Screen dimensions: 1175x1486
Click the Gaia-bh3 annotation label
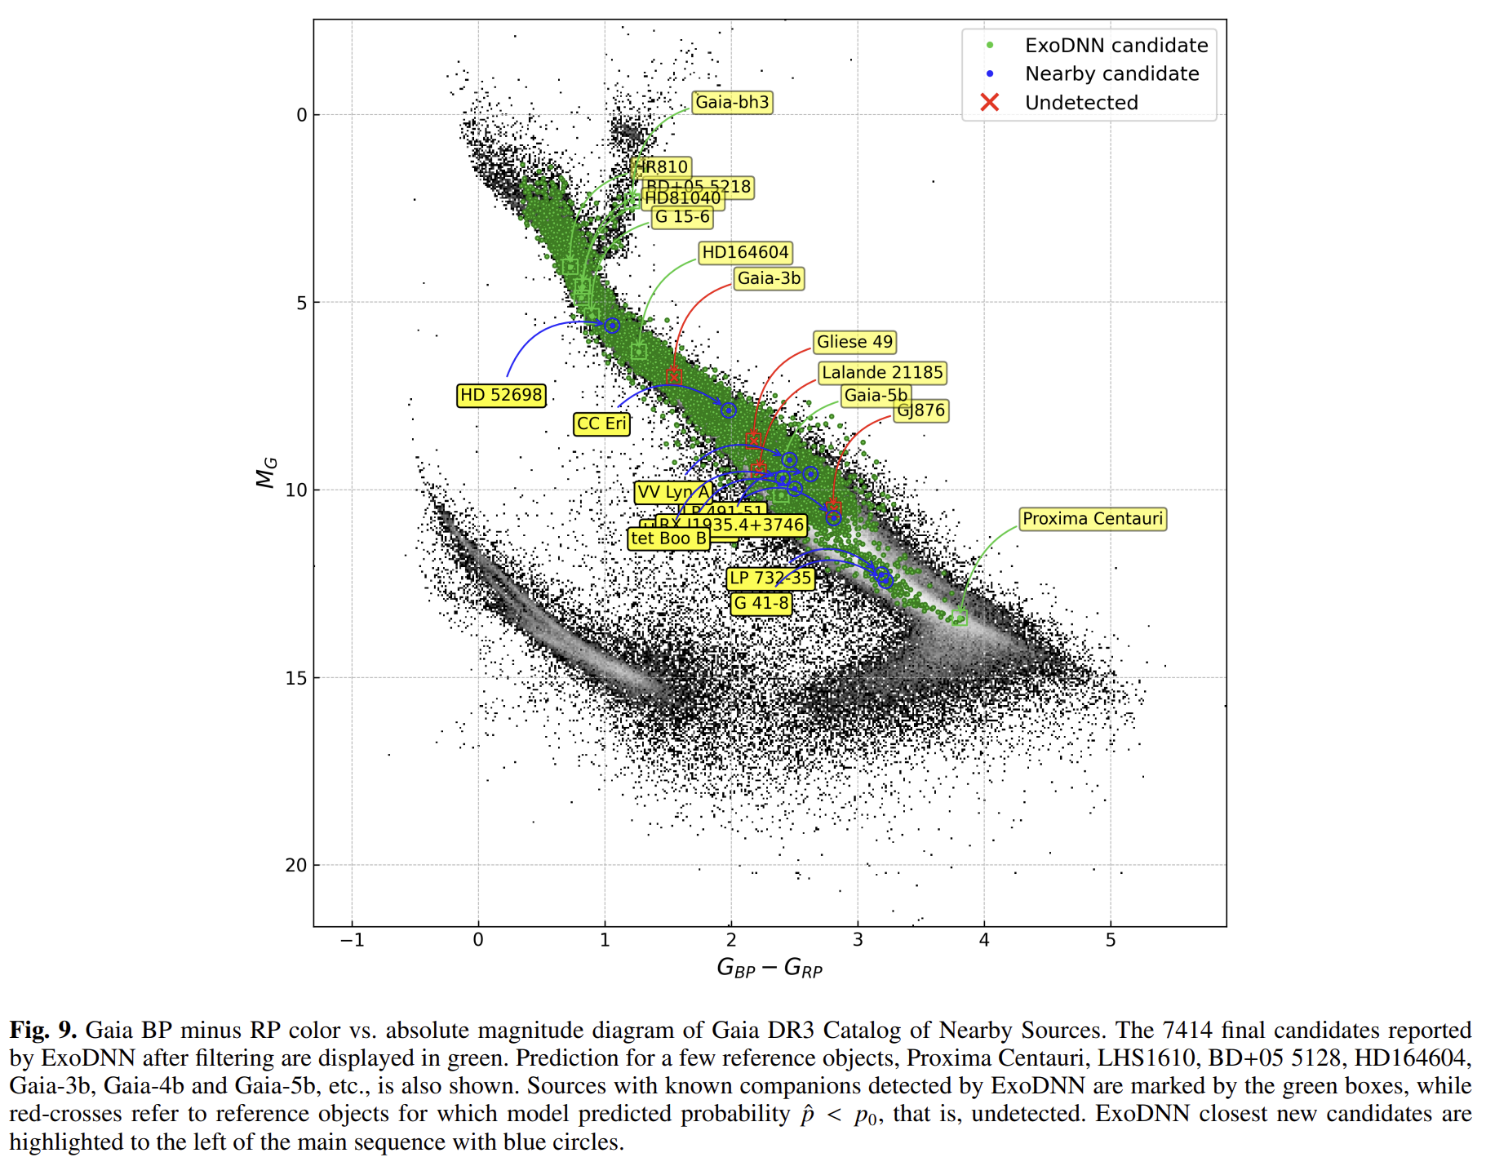732,102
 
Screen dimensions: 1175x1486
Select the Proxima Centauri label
1092,519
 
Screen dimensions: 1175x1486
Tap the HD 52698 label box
501,395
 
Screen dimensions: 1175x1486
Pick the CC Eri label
601,423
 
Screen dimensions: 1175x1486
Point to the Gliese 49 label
854,342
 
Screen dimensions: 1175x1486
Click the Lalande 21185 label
881,373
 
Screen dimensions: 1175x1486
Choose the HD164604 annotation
745,253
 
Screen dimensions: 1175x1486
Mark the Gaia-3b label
769,278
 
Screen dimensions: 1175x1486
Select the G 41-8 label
761,603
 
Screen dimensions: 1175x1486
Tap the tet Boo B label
668,539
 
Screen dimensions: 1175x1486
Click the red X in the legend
990,103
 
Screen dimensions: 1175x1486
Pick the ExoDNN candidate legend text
1116,46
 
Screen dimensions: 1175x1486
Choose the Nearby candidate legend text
1111,74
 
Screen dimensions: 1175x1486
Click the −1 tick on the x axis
352,940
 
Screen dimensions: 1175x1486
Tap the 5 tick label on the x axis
1111,940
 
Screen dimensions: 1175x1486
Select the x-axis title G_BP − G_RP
769,968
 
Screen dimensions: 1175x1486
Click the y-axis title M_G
267,472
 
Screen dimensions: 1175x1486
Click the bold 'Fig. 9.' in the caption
43,1031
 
